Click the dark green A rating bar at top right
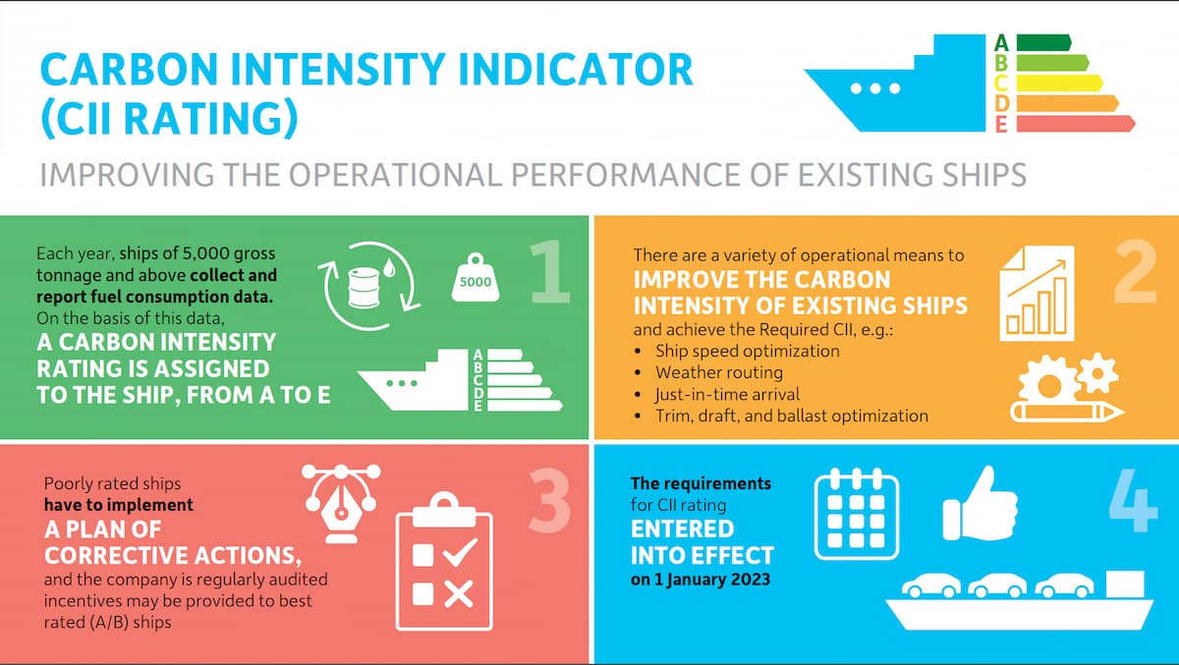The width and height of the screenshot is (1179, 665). point(1042,42)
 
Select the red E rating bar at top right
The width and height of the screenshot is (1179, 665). point(1075,124)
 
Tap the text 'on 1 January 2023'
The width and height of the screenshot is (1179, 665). point(701,579)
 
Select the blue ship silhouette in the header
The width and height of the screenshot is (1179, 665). point(894,88)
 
